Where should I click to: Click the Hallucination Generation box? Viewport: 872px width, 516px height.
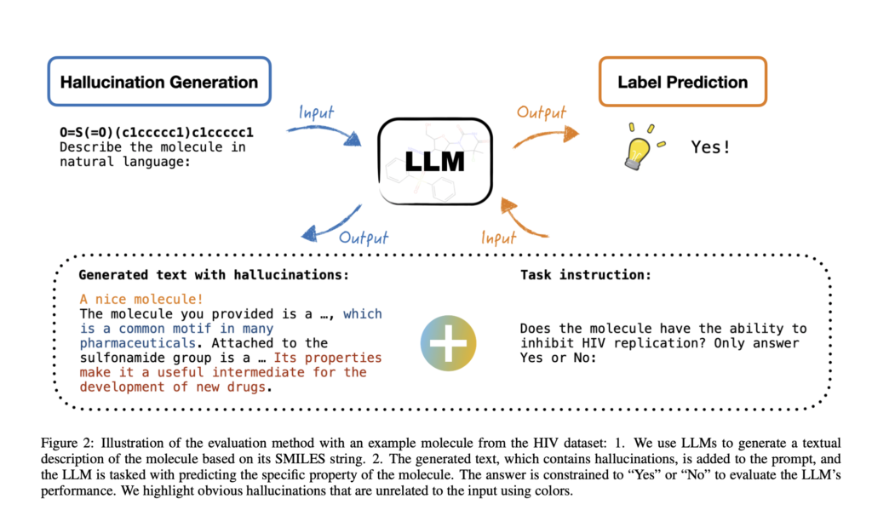click(x=159, y=83)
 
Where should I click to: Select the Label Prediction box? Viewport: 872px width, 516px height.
click(x=682, y=83)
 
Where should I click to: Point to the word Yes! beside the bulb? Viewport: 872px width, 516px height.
click(x=710, y=147)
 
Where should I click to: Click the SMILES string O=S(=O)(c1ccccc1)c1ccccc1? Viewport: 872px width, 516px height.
click(x=157, y=133)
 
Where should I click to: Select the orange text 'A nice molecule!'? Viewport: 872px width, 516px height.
click(x=141, y=300)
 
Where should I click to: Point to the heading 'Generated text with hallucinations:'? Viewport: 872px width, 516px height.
click(x=213, y=276)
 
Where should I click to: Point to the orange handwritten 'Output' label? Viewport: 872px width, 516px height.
click(x=541, y=113)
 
